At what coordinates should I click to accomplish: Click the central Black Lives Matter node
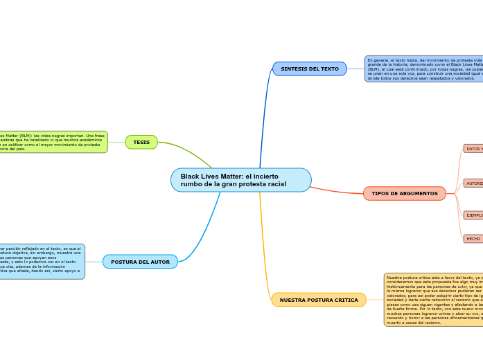coord(240,180)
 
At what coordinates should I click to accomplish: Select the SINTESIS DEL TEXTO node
coord(310,69)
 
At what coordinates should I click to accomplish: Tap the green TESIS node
coord(141,142)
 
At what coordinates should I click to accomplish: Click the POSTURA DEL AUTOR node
coord(140,262)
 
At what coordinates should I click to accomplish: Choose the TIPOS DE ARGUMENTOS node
coord(404,194)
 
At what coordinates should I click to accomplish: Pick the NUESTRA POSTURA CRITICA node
coord(319,300)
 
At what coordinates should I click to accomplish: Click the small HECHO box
coord(473,239)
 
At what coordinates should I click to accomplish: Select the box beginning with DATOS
coord(473,149)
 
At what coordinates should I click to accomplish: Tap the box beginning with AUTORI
coord(473,183)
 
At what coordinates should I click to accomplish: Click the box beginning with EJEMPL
coord(473,215)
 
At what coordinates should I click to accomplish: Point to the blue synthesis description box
coord(423,69)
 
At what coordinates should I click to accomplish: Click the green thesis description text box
coord(52,142)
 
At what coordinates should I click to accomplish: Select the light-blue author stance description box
coord(42,262)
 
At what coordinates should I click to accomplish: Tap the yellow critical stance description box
coord(433,300)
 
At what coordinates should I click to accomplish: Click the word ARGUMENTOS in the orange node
coord(420,194)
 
